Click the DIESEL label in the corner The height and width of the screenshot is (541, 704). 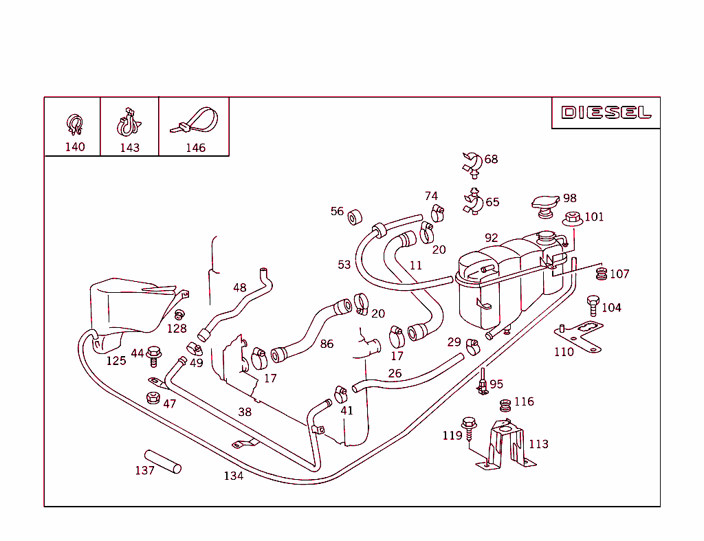coord(606,113)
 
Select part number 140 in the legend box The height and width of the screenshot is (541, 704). coord(75,147)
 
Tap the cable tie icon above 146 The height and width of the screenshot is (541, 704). coord(195,121)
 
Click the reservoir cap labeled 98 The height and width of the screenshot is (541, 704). coord(545,204)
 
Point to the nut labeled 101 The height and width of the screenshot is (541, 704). coord(573,219)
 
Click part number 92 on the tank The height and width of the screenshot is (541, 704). coord(491,238)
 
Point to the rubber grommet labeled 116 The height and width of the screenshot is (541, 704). coord(505,406)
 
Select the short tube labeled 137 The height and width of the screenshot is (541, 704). coord(163,461)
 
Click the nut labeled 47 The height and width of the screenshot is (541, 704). coord(153,398)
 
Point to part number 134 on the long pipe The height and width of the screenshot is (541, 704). coord(233,476)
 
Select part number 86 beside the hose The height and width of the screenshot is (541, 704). coord(327,344)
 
